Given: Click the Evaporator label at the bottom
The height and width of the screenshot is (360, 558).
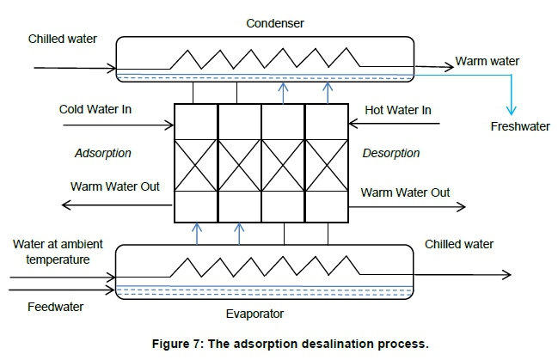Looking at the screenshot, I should [x=256, y=314].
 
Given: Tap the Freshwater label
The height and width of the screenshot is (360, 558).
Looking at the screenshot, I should [x=520, y=127].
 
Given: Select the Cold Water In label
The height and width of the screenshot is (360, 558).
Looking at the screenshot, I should [x=95, y=109].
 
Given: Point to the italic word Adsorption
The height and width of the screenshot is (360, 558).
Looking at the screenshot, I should [x=102, y=153].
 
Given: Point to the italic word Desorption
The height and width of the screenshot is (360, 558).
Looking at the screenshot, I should [x=391, y=153].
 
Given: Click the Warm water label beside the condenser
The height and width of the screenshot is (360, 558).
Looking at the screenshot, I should [x=487, y=61].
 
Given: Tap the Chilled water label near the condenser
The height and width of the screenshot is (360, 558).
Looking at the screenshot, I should [x=63, y=39].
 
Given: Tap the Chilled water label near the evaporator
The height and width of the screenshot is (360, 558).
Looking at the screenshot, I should [x=459, y=244].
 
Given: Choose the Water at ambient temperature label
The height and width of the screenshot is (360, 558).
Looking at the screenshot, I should [x=52, y=250].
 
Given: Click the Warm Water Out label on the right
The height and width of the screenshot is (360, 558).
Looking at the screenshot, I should [x=405, y=192].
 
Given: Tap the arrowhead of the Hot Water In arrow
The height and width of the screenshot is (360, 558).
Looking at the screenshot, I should [x=353, y=125].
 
